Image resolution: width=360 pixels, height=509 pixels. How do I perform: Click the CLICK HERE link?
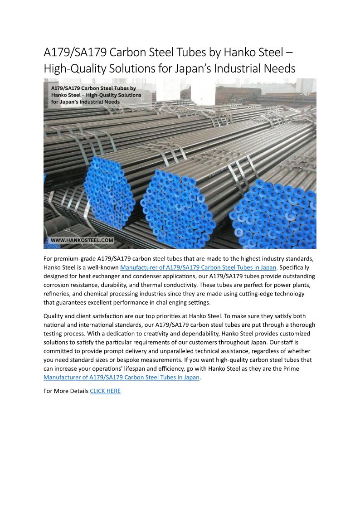coord(105,391)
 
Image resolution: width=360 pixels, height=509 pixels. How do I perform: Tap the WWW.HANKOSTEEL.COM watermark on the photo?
coord(82,240)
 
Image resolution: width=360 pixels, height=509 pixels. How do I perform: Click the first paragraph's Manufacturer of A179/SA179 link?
coord(198,267)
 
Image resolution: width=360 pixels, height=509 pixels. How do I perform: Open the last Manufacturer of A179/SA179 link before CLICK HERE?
coord(122,377)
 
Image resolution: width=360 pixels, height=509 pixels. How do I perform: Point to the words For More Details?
coord(66,391)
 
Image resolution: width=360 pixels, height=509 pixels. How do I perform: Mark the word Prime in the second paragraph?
coord(291,368)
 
